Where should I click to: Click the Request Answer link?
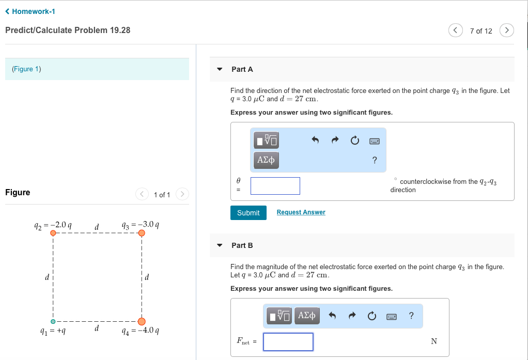click(x=301, y=212)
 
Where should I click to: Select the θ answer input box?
click(x=275, y=186)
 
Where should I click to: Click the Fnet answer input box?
click(x=288, y=341)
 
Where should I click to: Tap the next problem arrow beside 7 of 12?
click(x=507, y=31)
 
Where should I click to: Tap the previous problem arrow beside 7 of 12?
click(x=455, y=31)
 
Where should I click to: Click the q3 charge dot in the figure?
click(x=142, y=233)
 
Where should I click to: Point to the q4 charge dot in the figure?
click(x=142, y=322)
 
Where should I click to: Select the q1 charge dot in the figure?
click(x=53, y=322)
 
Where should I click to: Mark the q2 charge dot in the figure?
click(x=53, y=233)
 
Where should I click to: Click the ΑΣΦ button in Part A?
click(x=266, y=160)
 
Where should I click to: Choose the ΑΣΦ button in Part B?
click(x=307, y=315)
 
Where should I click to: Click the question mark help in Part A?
click(x=375, y=160)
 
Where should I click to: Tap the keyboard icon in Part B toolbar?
click(x=391, y=316)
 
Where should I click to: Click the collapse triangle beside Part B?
click(x=220, y=245)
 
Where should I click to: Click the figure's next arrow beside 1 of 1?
click(x=182, y=194)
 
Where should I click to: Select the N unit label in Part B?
click(x=434, y=341)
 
